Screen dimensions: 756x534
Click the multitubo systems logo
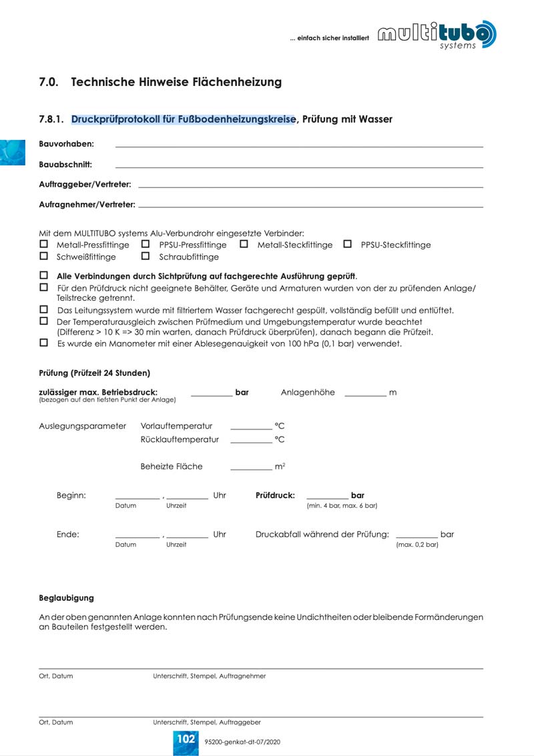(x=437, y=35)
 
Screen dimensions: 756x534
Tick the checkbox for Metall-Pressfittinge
(x=44, y=245)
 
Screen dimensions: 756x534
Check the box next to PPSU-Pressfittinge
(x=146, y=245)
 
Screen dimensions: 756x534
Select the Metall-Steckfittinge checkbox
(x=244, y=245)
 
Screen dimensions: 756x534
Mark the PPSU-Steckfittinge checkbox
(x=347, y=245)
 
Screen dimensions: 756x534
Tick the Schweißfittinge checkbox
(x=44, y=256)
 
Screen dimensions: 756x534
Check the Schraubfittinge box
(x=146, y=256)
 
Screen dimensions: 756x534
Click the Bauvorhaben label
(x=66, y=144)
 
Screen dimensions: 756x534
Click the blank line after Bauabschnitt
(x=299, y=167)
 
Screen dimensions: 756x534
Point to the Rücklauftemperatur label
(x=180, y=439)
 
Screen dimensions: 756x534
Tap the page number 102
(x=186, y=739)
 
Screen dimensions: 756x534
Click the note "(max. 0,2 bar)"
(x=417, y=545)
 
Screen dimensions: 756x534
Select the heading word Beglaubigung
(x=66, y=598)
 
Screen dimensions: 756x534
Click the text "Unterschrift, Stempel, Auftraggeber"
(x=207, y=722)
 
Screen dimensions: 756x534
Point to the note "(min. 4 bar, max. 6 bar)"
(x=342, y=506)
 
